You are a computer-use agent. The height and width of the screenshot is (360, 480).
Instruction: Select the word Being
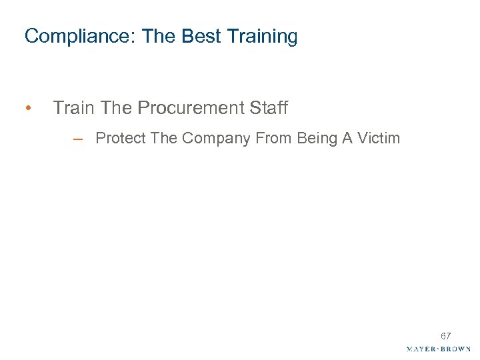click(316, 139)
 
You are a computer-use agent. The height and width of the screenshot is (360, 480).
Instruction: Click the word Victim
click(379, 139)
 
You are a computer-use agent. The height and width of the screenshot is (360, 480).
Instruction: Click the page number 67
click(445, 336)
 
